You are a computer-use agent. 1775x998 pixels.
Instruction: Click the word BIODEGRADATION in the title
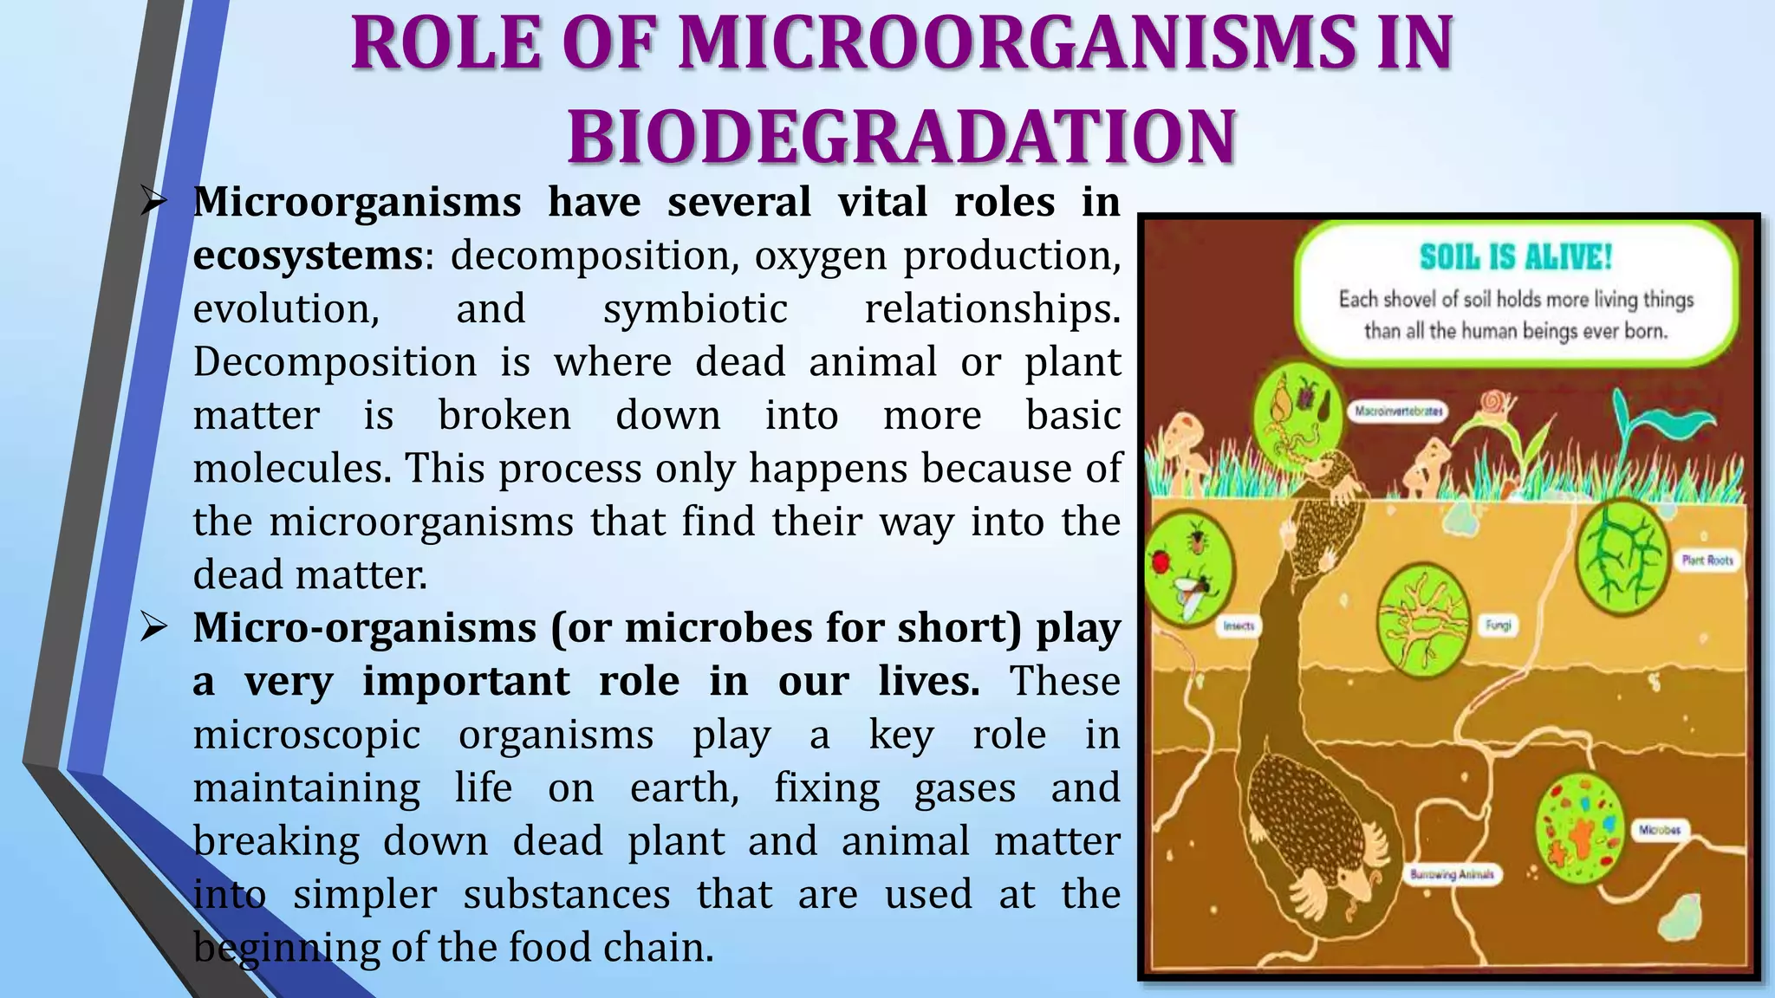click(901, 137)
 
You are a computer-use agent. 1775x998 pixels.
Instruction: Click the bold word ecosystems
click(307, 256)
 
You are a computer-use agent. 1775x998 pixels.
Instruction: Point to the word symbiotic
click(695, 309)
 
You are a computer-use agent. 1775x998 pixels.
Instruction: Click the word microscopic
click(307, 736)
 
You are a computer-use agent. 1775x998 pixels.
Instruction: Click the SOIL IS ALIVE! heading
click(1515, 257)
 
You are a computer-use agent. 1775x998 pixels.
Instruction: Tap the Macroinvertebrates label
click(1398, 411)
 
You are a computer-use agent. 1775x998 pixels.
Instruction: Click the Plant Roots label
click(1707, 561)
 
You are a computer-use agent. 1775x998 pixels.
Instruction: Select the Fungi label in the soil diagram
click(1499, 624)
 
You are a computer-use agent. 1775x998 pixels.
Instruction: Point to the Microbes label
click(1660, 829)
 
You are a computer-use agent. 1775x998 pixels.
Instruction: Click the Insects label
click(1238, 625)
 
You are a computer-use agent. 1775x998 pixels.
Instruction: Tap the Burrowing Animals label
click(1452, 874)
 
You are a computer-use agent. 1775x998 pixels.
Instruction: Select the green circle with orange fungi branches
click(1424, 619)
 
